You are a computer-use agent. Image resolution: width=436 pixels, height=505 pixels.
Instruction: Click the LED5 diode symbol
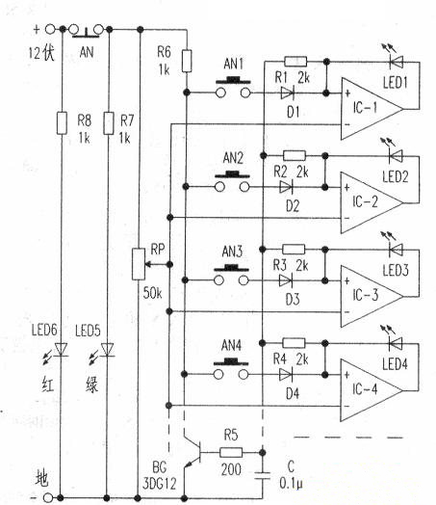tap(110, 350)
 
